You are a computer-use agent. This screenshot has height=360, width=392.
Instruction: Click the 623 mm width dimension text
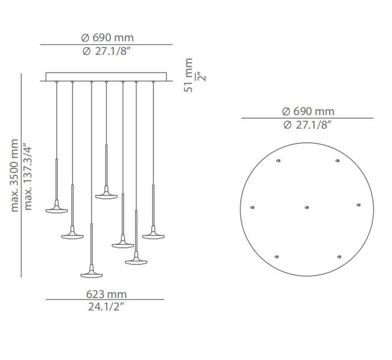tap(106, 294)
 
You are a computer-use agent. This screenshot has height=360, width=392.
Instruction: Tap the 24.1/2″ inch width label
tap(106, 306)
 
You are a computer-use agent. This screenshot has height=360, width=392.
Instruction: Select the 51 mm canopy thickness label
tap(188, 76)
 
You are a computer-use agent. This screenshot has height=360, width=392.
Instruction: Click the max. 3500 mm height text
tap(14, 175)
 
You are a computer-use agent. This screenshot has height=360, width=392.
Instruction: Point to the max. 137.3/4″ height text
tap(27, 176)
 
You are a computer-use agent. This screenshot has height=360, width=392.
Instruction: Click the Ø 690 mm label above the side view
tap(107, 38)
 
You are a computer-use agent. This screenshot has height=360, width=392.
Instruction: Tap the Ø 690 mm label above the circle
tap(308, 112)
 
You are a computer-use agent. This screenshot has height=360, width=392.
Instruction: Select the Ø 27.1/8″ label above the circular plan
tap(307, 125)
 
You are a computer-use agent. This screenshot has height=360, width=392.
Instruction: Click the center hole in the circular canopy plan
tap(307, 208)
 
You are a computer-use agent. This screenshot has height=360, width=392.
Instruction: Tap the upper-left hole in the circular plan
tap(278, 161)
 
